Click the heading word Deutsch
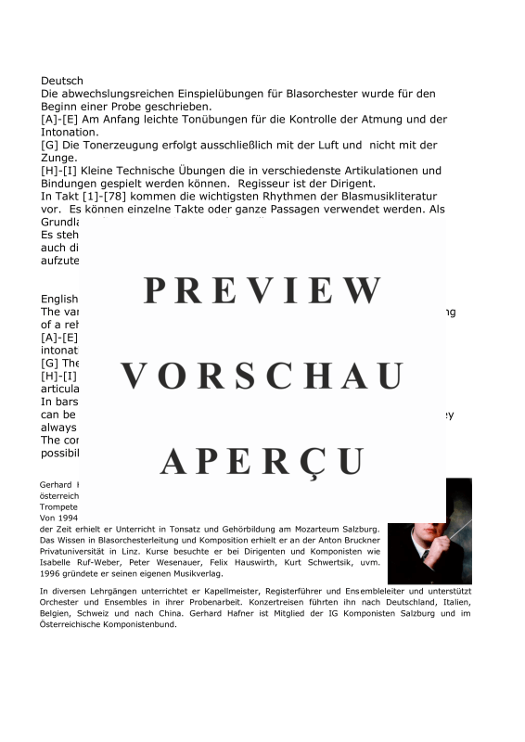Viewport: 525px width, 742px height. point(62,82)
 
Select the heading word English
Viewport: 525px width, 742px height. point(60,299)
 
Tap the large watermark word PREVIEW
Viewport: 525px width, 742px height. point(262,291)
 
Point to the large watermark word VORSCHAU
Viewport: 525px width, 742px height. point(262,377)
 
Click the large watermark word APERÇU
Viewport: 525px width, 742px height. point(262,461)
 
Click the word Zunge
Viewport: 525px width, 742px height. point(60,158)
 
